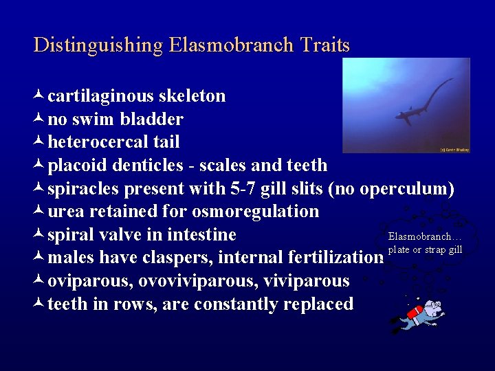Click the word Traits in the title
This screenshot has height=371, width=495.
324,46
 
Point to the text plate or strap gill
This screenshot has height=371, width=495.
425,249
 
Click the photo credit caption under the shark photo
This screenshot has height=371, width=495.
454,149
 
